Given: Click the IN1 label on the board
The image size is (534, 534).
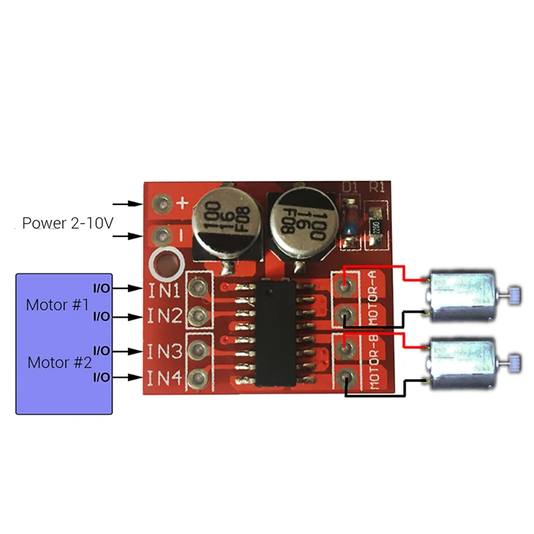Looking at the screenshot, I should (x=164, y=290).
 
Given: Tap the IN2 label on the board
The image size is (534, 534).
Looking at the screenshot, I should (x=164, y=316).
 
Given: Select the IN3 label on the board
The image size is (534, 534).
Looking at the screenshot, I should (x=164, y=351).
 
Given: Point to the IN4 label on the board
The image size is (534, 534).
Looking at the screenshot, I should (x=164, y=378).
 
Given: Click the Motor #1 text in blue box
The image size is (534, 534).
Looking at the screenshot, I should (x=57, y=305).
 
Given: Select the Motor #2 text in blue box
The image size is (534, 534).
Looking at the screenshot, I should (x=59, y=363).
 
